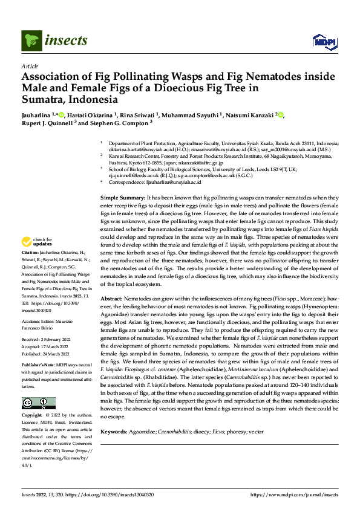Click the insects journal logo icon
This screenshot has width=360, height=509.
[x=31, y=41]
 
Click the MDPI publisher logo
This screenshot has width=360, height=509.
[x=321, y=41]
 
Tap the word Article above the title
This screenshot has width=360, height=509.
[x=30, y=66]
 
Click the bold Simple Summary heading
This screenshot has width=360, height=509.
[x=122, y=198]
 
